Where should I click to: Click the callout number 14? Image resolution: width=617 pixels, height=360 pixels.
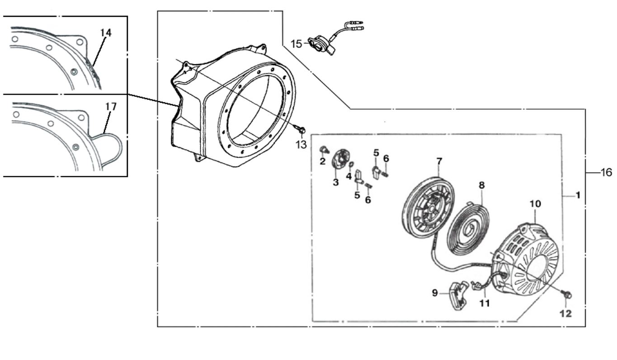coord(106,33)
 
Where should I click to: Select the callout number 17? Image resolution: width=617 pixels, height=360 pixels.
coord(111,107)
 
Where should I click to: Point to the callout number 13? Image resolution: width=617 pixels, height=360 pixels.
coord(301,144)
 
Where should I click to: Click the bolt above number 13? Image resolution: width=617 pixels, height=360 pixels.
coord(301,130)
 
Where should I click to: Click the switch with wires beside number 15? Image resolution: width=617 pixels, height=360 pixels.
coord(322,45)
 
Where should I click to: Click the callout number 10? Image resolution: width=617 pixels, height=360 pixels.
coord(535,204)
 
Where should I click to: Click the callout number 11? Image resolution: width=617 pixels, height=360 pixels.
coord(485,304)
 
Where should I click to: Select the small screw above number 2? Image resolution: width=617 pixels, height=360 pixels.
coord(323,149)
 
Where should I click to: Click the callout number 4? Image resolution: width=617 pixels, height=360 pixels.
coord(349,176)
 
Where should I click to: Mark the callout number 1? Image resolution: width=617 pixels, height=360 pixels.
coord(577,195)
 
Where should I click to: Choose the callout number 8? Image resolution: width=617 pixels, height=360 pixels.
coord(481,185)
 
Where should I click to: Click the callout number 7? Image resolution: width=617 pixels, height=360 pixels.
coord(439,161)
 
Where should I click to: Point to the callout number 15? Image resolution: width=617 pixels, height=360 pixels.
coord(296,44)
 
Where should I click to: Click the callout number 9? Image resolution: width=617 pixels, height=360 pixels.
coord(435,293)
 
